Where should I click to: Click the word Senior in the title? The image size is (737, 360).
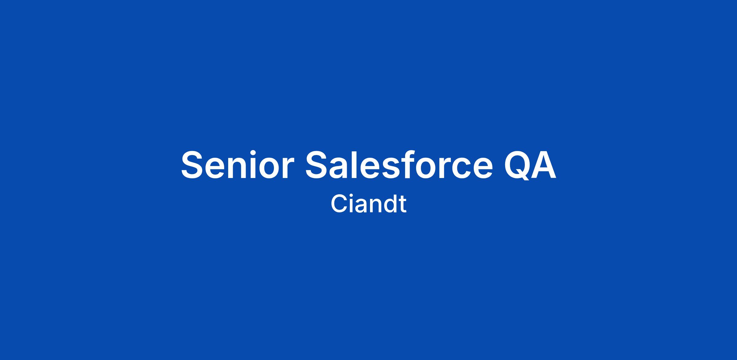[x=237, y=165]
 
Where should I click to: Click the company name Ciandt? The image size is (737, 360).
[x=368, y=203]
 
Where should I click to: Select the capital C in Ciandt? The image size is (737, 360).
[x=338, y=204]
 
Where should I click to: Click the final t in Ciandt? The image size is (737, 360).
[x=403, y=205]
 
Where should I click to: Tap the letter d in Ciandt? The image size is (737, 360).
[x=389, y=204]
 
